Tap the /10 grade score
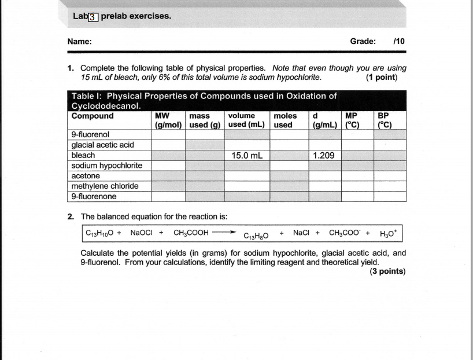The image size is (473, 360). click(x=398, y=42)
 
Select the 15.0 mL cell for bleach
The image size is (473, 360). click(x=247, y=156)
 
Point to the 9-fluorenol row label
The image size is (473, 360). click(x=90, y=135)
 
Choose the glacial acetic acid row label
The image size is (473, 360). click(x=102, y=145)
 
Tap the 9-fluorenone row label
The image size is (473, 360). click(x=94, y=196)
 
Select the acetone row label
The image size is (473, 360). click(x=86, y=176)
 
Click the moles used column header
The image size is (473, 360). click(x=287, y=120)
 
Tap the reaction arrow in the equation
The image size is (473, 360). click(x=224, y=234)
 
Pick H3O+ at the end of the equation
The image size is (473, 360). click(x=389, y=234)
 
